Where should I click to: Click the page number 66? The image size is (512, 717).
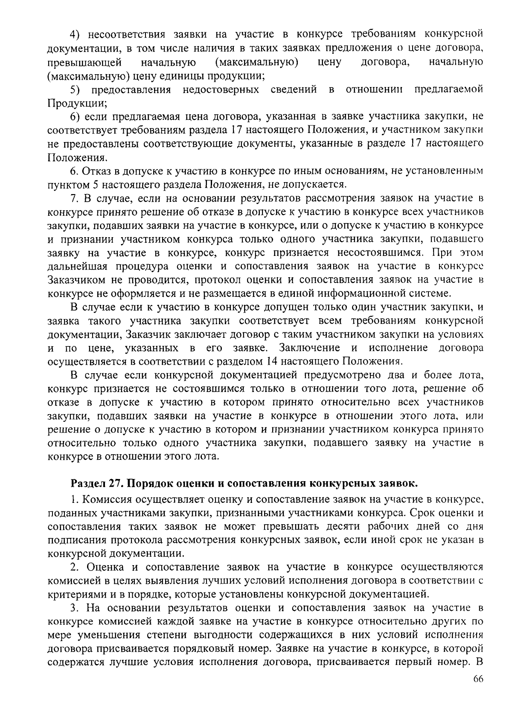point(477,692)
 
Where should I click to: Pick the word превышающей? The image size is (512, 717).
point(84,62)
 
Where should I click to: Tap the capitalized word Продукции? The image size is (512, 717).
point(75,103)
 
